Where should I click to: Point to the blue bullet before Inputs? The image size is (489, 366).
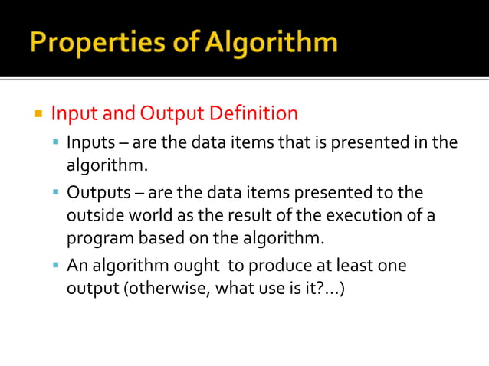tap(57, 143)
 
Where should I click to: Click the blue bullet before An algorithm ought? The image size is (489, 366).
tap(57, 266)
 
